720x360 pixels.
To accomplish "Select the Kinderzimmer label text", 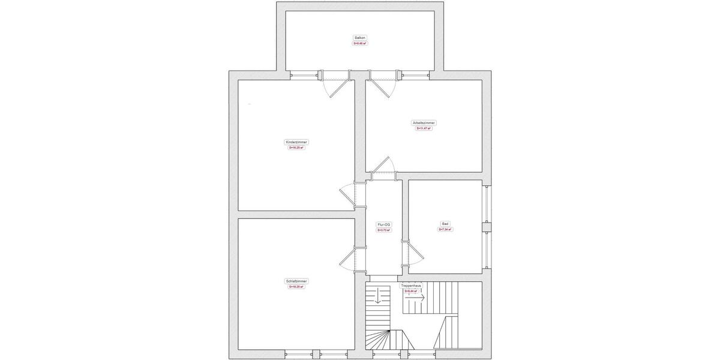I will pos(296,142).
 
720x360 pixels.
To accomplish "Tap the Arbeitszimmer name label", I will pos(424,122).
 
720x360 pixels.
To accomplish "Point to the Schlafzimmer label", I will pos(296,281).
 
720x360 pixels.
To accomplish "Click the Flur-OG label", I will pos(383,224).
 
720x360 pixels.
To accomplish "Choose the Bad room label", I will pos(445,223).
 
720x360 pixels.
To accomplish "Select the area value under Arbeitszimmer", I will pos(424,128).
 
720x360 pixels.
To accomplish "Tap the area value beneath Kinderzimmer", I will pos(296,148).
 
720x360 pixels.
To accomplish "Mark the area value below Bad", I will pos(445,229).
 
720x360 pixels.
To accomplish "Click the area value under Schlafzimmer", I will pos(296,287).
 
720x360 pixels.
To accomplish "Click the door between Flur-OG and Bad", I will pos(413,255).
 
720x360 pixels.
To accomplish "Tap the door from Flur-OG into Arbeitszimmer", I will pos(382,168).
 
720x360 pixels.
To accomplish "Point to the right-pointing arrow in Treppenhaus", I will pos(418,297).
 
